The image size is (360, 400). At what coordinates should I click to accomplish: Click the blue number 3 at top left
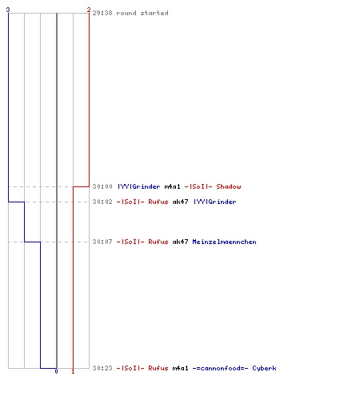click(x=8, y=10)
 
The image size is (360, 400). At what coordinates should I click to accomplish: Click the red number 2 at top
click(x=89, y=10)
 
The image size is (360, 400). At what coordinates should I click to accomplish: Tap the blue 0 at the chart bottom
click(x=56, y=371)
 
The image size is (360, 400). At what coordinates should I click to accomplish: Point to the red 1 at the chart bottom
click(x=73, y=371)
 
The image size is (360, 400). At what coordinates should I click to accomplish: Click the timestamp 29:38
click(x=102, y=13)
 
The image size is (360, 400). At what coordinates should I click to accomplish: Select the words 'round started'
click(x=142, y=13)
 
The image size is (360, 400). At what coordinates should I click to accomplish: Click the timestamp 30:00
click(x=102, y=186)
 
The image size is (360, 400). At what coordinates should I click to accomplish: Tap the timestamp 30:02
click(x=102, y=202)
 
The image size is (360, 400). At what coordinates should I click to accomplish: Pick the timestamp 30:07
click(x=102, y=242)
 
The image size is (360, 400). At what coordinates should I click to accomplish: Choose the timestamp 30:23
click(x=102, y=368)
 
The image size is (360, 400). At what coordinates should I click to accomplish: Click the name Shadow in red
click(x=229, y=186)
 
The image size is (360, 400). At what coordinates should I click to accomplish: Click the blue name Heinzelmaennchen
click(x=224, y=242)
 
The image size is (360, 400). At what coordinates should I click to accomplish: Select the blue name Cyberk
click(x=264, y=368)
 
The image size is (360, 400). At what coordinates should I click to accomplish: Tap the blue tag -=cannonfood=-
click(x=220, y=368)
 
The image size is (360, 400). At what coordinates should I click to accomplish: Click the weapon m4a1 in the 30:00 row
click(x=172, y=186)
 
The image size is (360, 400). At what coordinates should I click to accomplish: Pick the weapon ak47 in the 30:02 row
click(x=180, y=202)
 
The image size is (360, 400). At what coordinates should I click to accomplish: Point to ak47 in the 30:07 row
click(x=180, y=242)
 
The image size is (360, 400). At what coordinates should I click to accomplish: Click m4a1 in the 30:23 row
click(x=180, y=368)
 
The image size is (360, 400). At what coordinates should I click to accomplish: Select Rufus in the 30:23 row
click(x=158, y=368)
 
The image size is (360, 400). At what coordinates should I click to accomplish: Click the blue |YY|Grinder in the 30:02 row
click(x=215, y=202)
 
